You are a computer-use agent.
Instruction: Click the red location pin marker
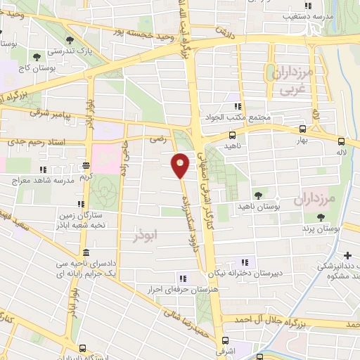click(181, 165)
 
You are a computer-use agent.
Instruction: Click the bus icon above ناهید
click(232, 136)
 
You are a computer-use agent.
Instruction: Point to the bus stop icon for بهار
click(302, 129)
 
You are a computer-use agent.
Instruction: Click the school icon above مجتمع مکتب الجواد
click(247, 106)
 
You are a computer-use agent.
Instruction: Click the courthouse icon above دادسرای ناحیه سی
click(86, 252)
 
